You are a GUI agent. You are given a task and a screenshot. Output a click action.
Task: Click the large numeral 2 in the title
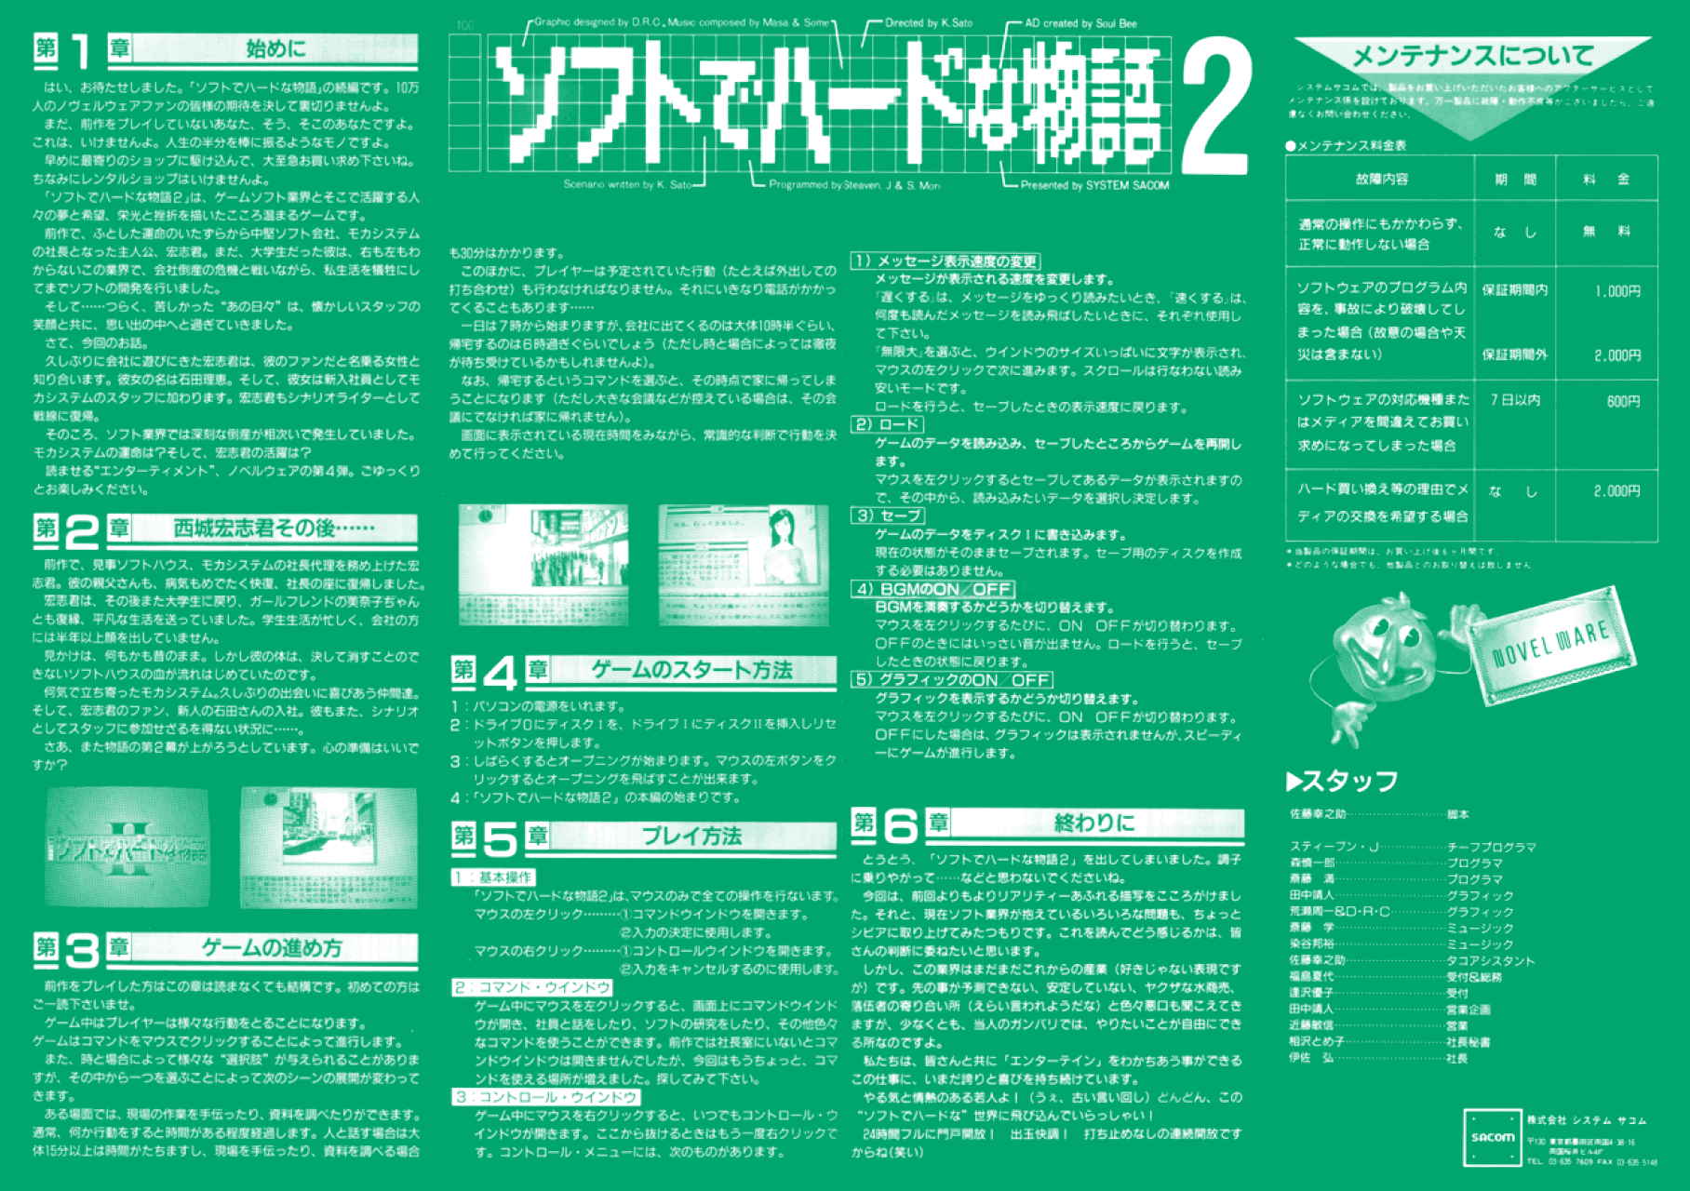point(1214,110)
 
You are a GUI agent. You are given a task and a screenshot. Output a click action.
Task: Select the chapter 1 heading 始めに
point(275,48)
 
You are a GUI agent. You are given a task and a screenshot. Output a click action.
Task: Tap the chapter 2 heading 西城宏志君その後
point(274,529)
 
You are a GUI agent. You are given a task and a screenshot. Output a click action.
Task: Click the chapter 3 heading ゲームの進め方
point(272,948)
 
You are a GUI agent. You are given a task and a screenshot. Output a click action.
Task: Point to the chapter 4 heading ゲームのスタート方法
point(691,670)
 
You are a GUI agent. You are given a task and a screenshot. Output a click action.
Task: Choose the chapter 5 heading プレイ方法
point(691,836)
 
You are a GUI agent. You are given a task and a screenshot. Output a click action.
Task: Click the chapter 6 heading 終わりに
point(1094,823)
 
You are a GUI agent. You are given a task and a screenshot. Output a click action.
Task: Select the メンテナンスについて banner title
point(1472,57)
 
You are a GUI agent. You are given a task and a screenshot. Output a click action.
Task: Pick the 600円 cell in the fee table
point(1623,401)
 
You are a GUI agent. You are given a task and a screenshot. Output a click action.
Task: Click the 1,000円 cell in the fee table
point(1617,291)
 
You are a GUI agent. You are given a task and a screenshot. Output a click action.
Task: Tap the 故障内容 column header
point(1381,179)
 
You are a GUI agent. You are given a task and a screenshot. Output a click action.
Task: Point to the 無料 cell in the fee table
point(1607,232)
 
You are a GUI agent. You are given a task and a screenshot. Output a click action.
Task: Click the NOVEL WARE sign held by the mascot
point(1551,644)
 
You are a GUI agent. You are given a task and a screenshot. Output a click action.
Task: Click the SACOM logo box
point(1492,1136)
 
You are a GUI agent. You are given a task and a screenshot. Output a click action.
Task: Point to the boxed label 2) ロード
point(887,425)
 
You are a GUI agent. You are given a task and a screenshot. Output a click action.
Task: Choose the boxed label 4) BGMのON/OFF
point(933,589)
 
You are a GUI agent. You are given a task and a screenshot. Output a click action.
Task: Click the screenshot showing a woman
point(743,565)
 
